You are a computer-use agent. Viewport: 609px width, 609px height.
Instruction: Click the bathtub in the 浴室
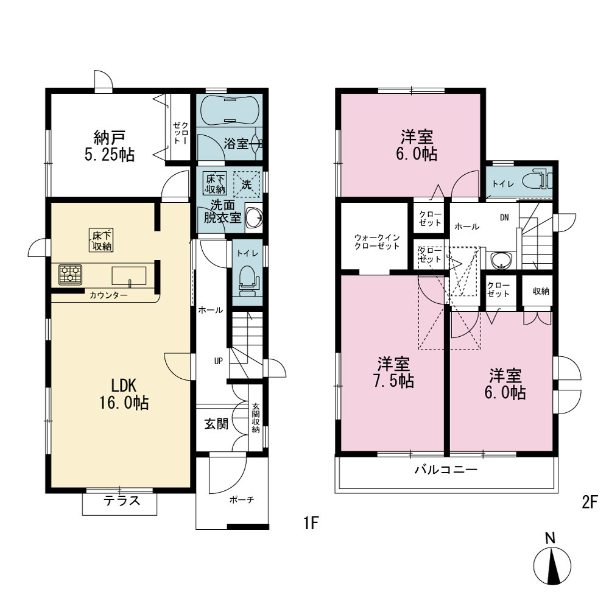[x=229, y=110]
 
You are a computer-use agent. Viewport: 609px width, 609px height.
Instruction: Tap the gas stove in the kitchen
[x=70, y=275]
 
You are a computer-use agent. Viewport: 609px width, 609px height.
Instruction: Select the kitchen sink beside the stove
[x=129, y=276]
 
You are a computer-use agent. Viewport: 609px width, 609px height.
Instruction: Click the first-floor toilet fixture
[x=247, y=280]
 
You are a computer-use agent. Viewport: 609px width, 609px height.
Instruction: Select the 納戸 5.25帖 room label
[x=110, y=146]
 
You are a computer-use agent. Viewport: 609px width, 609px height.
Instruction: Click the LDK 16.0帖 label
[x=124, y=394]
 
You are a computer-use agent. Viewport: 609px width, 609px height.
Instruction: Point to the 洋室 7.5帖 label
[x=393, y=373]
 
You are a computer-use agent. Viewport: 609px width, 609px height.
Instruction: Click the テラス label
[x=122, y=500]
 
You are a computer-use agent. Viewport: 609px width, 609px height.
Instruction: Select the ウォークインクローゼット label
[x=377, y=242]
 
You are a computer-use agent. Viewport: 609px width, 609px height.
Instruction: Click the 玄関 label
[x=216, y=424]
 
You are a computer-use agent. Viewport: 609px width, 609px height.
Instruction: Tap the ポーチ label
[x=242, y=500]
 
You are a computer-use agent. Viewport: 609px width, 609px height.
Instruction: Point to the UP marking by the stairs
[x=218, y=361]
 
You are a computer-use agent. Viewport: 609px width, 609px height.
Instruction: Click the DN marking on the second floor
[x=504, y=217]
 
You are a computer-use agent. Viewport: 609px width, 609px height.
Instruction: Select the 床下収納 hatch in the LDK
[x=101, y=240]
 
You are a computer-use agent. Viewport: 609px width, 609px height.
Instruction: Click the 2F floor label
[x=589, y=502]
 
